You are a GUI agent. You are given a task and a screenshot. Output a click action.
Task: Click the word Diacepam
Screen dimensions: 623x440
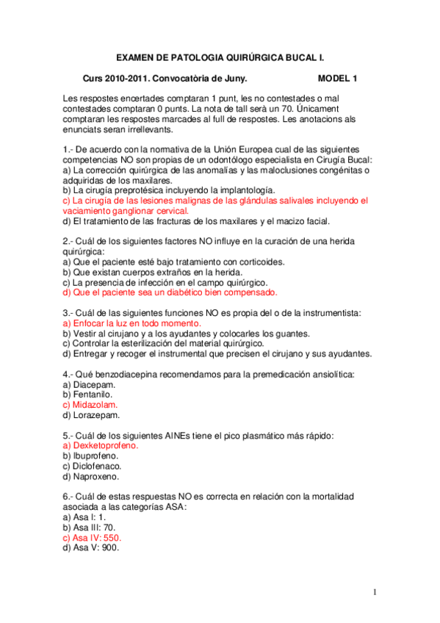point(94,383)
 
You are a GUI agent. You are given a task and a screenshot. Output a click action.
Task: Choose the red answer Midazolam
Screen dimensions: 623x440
point(95,404)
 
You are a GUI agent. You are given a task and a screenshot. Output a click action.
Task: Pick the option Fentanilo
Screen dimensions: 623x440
point(94,394)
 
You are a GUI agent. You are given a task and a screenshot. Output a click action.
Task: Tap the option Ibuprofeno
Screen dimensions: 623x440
point(97,455)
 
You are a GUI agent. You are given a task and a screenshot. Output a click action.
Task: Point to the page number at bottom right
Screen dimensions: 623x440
point(375,592)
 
